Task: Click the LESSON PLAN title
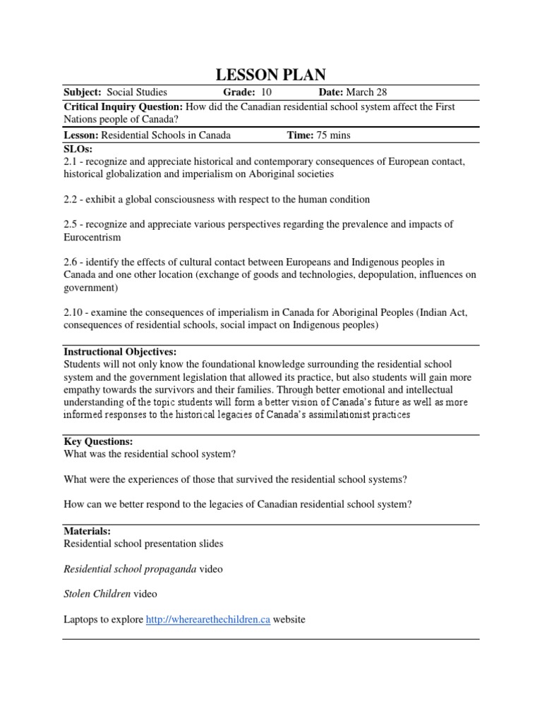tap(270, 75)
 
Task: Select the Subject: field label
tap(83, 92)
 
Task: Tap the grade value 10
tap(266, 92)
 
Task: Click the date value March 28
tap(366, 92)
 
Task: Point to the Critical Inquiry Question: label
tap(124, 106)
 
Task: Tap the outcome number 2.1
tap(71, 161)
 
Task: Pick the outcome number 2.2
tap(71, 200)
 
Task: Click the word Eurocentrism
tap(92, 238)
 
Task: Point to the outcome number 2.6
tap(71, 262)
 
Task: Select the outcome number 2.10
tap(73, 312)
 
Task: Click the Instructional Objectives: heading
tap(120, 351)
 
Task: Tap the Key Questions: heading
tap(98, 441)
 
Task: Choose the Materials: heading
tap(87, 530)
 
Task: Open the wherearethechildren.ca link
tap(208, 619)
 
